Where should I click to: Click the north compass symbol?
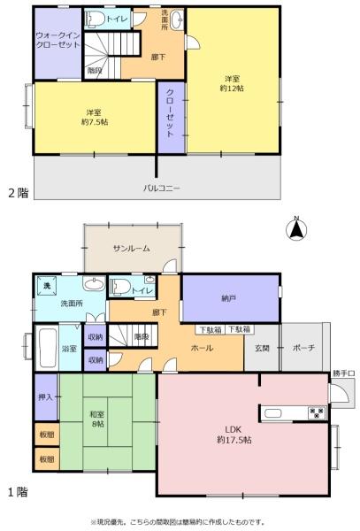(296, 229)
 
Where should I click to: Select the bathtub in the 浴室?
(46, 349)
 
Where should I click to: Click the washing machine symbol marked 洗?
(47, 286)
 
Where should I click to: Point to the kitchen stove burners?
(317, 412)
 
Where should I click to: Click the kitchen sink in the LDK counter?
(272, 413)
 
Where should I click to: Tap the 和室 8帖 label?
(97, 419)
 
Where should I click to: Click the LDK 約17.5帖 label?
(234, 435)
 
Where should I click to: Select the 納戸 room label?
(228, 298)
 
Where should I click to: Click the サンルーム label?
(132, 248)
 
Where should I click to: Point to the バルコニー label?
(161, 188)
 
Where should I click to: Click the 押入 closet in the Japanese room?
(46, 397)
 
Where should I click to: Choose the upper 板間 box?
(47, 435)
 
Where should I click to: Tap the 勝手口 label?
(343, 373)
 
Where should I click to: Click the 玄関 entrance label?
(262, 348)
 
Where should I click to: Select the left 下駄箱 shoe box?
(211, 329)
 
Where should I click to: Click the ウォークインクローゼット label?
(57, 41)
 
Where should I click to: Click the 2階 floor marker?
(19, 193)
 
